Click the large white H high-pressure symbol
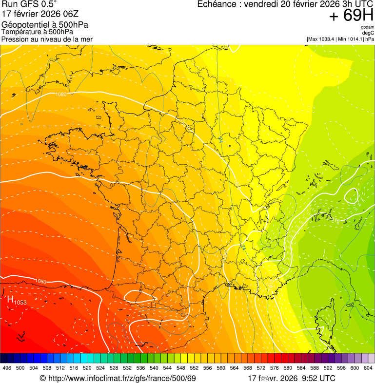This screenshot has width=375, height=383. pos(10,299)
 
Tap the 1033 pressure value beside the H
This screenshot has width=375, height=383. pos(20,303)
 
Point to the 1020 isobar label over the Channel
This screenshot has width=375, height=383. pos(61,94)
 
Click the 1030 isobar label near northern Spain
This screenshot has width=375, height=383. pos(41,281)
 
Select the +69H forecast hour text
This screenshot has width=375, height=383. pos(351,16)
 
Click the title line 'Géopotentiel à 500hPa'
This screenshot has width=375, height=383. pos(44,24)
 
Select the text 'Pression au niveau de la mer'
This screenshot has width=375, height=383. pos(47,39)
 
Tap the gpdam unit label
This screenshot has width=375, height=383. pos(368,27)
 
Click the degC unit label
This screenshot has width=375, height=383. pos(369,33)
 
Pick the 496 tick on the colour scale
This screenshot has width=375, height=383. pos(7,368)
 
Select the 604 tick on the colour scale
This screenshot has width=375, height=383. pos(368,368)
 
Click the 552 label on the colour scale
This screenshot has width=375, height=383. pos(194,368)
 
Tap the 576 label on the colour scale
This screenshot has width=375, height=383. pos(275,368)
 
